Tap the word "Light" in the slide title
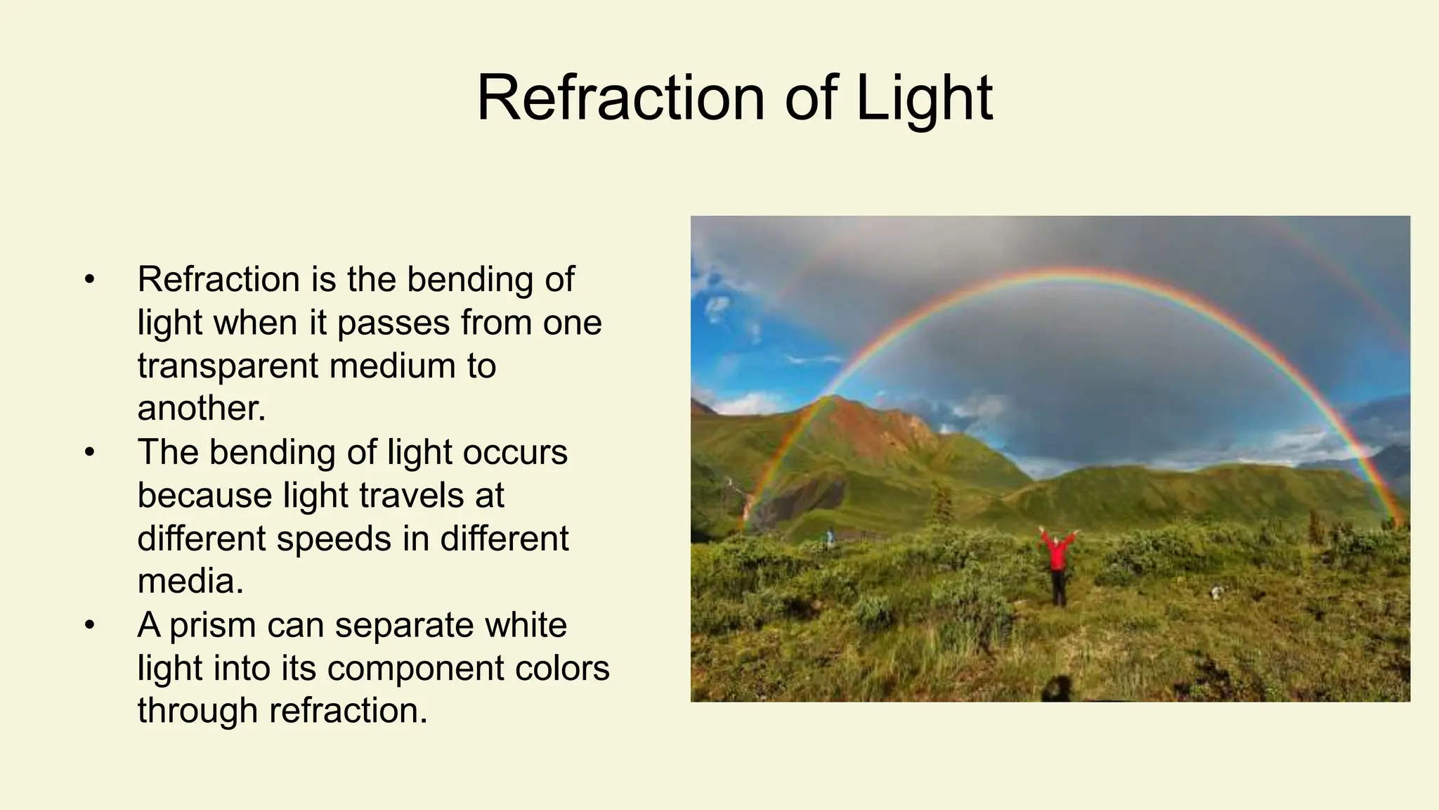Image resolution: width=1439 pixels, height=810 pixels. [x=924, y=99]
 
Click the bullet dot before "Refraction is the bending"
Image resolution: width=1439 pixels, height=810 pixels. [x=89, y=280]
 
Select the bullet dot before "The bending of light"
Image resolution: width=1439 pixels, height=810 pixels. [x=89, y=453]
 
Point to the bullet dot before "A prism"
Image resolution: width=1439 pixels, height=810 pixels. [x=89, y=626]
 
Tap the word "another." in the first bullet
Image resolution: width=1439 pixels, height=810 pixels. [x=202, y=409]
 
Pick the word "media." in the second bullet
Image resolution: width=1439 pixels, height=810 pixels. [x=190, y=581]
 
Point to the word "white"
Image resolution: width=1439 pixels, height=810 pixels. [x=526, y=624]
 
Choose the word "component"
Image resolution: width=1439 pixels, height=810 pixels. [x=415, y=669]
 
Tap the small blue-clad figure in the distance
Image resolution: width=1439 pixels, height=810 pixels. [x=831, y=538]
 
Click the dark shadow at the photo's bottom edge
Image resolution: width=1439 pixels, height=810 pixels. [x=1055, y=689]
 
